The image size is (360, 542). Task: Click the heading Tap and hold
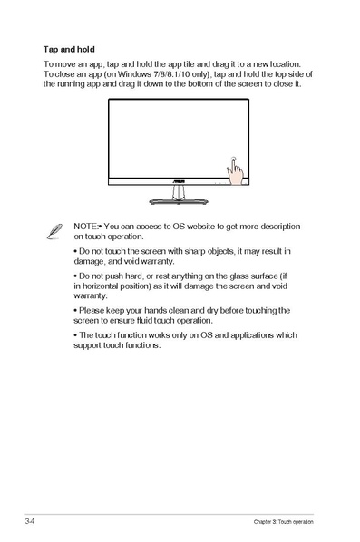(69, 49)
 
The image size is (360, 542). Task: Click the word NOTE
(86, 225)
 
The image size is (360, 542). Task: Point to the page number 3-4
(31, 523)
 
